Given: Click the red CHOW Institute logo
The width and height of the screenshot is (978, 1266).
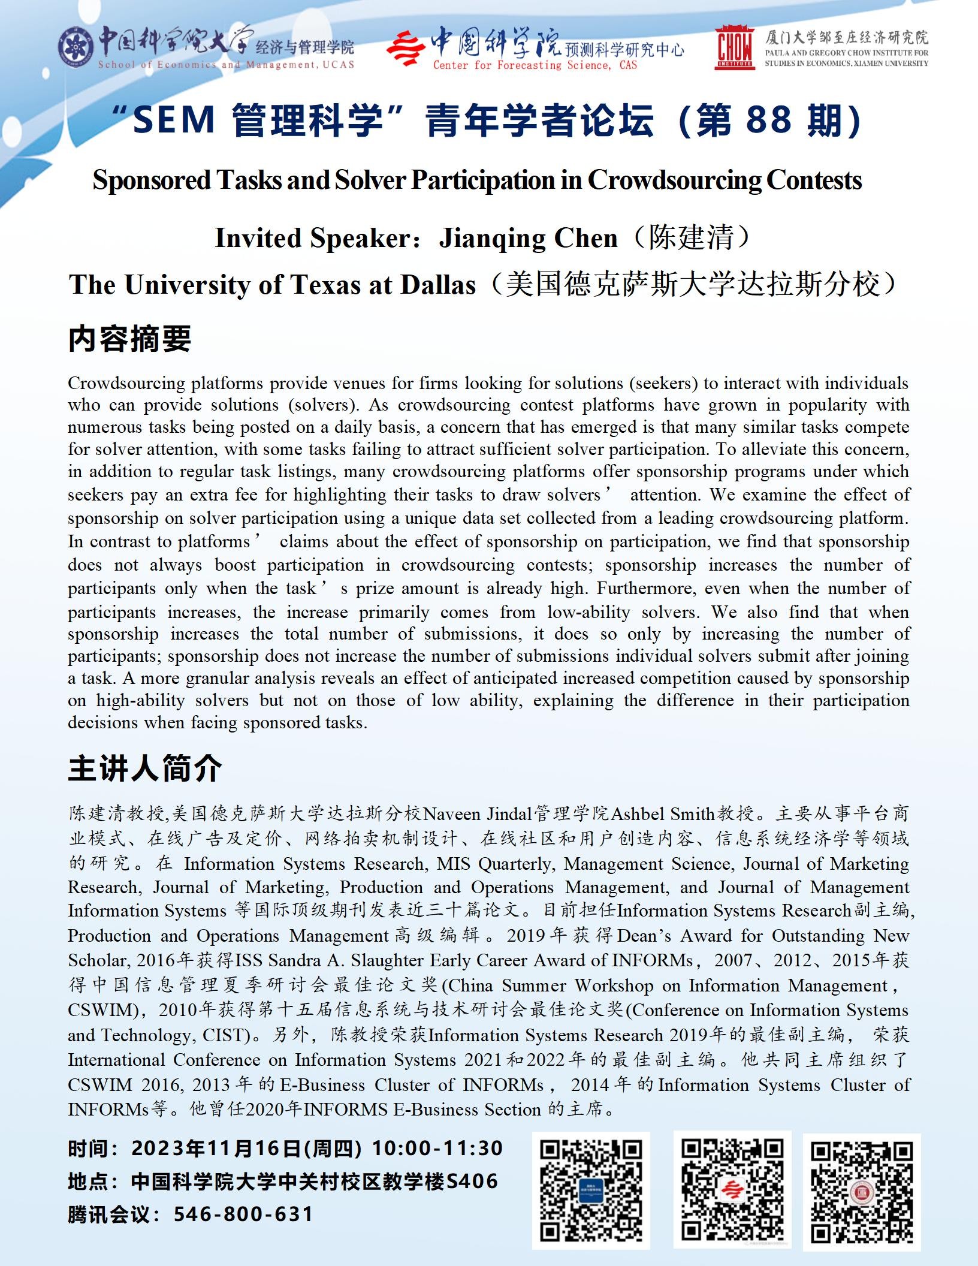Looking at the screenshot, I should (735, 47).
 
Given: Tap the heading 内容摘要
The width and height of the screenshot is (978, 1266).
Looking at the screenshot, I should (129, 339).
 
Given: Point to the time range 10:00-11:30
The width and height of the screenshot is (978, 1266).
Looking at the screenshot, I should (437, 1149).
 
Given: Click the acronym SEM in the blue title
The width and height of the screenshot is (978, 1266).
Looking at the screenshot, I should (174, 119).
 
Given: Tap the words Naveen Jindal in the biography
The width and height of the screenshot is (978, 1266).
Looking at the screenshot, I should (478, 814).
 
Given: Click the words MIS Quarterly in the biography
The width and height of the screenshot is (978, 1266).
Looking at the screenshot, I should (494, 864).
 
